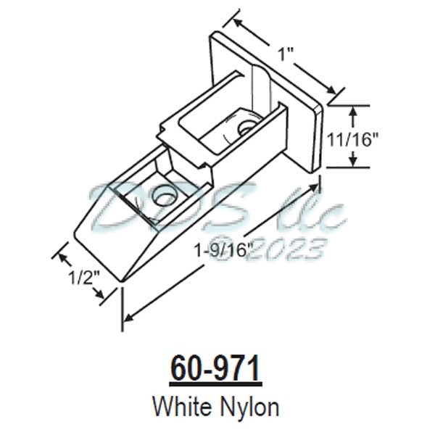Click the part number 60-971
[215, 368]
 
